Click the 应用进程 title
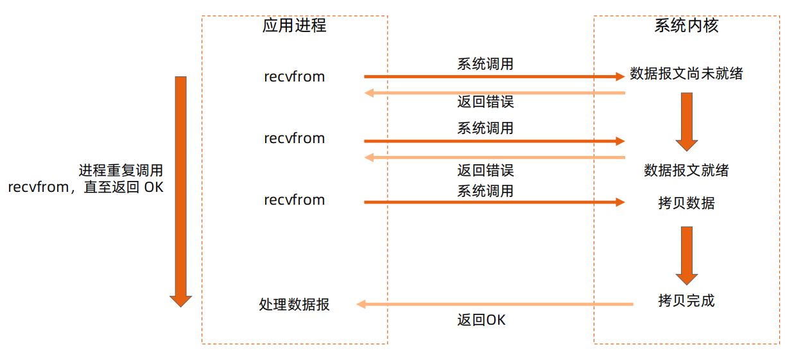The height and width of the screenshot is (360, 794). (294, 26)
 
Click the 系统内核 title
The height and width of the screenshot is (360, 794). (686, 26)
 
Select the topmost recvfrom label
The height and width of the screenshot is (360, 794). (295, 77)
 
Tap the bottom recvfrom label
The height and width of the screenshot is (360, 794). (295, 200)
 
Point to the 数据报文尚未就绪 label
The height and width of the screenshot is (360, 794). (686, 74)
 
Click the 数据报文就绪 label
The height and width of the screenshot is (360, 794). (686, 171)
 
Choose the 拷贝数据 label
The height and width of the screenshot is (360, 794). (686, 203)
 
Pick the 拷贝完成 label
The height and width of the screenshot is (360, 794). (686, 300)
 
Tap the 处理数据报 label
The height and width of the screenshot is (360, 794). (295, 304)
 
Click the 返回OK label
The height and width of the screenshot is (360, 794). (481, 320)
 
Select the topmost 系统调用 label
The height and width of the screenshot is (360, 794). (485, 64)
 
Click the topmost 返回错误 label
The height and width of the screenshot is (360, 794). (485, 101)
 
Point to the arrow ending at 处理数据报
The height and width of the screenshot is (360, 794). (494, 304)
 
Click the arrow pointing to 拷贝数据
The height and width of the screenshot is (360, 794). (494, 202)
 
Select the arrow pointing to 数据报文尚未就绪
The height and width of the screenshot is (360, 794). (494, 76)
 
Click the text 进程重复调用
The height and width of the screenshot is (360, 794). (121, 171)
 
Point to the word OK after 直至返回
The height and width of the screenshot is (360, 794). (153, 188)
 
